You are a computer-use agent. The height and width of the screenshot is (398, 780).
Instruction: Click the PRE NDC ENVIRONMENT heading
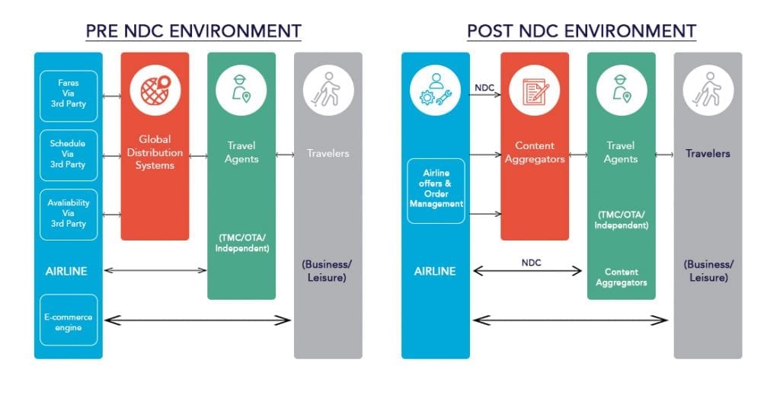[x=193, y=31]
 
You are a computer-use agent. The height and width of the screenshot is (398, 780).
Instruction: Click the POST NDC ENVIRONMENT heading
[x=581, y=31]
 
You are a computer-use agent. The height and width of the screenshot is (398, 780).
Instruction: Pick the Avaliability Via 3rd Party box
[x=69, y=215]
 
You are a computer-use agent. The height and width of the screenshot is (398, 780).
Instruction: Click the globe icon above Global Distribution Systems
[x=155, y=91]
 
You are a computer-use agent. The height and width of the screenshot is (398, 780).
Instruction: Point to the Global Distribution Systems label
[x=155, y=152]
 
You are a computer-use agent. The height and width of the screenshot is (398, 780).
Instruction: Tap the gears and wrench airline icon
[x=435, y=91]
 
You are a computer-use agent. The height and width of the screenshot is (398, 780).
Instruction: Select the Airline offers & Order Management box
[x=436, y=191]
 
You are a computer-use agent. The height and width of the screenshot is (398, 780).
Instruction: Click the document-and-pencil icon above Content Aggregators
[x=535, y=91]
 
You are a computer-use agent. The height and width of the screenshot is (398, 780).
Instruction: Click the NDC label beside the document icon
[x=484, y=88]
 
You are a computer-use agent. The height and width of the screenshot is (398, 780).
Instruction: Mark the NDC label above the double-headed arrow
[x=531, y=263]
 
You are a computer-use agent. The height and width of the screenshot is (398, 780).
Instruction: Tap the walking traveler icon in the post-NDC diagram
[x=708, y=91]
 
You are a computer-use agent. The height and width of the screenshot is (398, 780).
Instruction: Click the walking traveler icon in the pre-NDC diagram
[x=328, y=91]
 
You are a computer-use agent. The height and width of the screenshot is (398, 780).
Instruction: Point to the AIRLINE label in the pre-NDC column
[x=66, y=272]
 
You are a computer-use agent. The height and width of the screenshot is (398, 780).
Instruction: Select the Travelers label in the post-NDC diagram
[x=708, y=154]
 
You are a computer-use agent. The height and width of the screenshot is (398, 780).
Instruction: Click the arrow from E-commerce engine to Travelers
[x=197, y=320]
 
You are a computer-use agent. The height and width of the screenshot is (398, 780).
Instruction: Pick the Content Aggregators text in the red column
[x=535, y=152]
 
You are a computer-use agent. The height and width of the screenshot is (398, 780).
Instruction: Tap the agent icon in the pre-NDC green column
[x=241, y=91]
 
